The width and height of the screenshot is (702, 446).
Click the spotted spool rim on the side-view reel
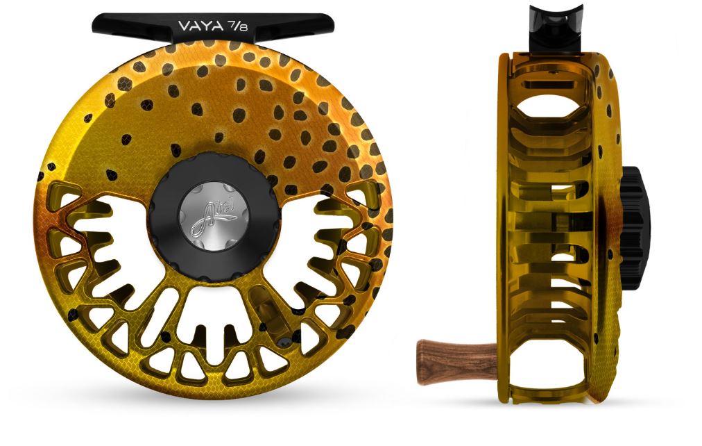611,139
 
